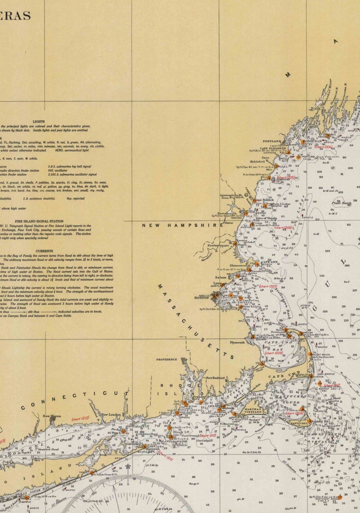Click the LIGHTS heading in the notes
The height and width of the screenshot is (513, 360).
coord(39,122)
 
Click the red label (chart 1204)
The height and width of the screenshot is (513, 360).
coord(323,147)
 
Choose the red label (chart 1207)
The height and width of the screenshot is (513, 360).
coord(268,286)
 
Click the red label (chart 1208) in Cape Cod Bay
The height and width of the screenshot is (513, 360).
coord(273,352)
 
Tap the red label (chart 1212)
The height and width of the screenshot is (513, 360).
coord(80,418)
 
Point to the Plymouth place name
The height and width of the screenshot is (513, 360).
coord(237,342)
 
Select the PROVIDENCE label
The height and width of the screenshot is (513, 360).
coord(167,359)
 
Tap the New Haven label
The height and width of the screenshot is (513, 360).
coord(52,416)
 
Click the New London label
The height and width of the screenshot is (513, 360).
coord(111,415)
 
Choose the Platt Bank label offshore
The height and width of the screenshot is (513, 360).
coord(341,203)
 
